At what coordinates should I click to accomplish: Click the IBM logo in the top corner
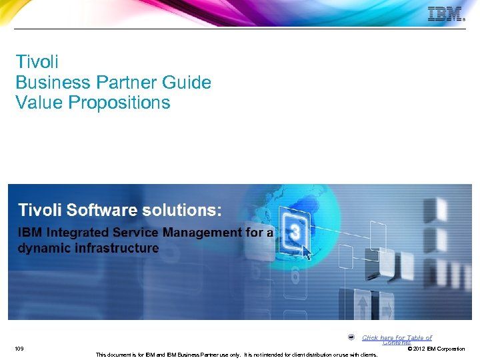tap(445, 14)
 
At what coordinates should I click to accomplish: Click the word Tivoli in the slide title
tap(37, 62)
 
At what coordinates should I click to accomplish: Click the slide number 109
tap(19, 349)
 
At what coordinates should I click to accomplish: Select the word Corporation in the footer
tap(451, 349)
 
